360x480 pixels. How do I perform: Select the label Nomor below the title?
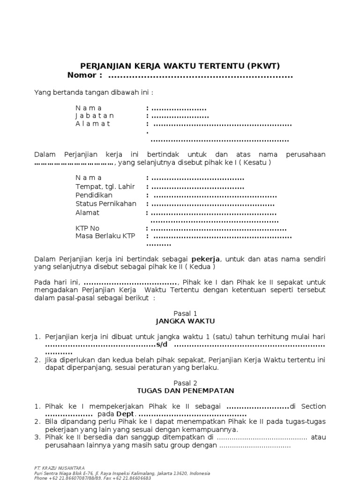click(x=84, y=75)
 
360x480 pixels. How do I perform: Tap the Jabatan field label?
click(x=95, y=116)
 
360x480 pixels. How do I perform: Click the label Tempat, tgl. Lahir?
click(x=105, y=187)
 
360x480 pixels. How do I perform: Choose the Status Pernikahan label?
click(x=106, y=204)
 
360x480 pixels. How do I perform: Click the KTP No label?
click(x=88, y=228)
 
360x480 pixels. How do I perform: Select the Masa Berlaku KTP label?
click(x=105, y=236)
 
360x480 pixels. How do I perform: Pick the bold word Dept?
click(x=125, y=415)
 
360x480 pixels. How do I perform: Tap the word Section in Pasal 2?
click(x=313, y=406)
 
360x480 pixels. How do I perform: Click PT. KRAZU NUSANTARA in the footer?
click(x=60, y=467)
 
